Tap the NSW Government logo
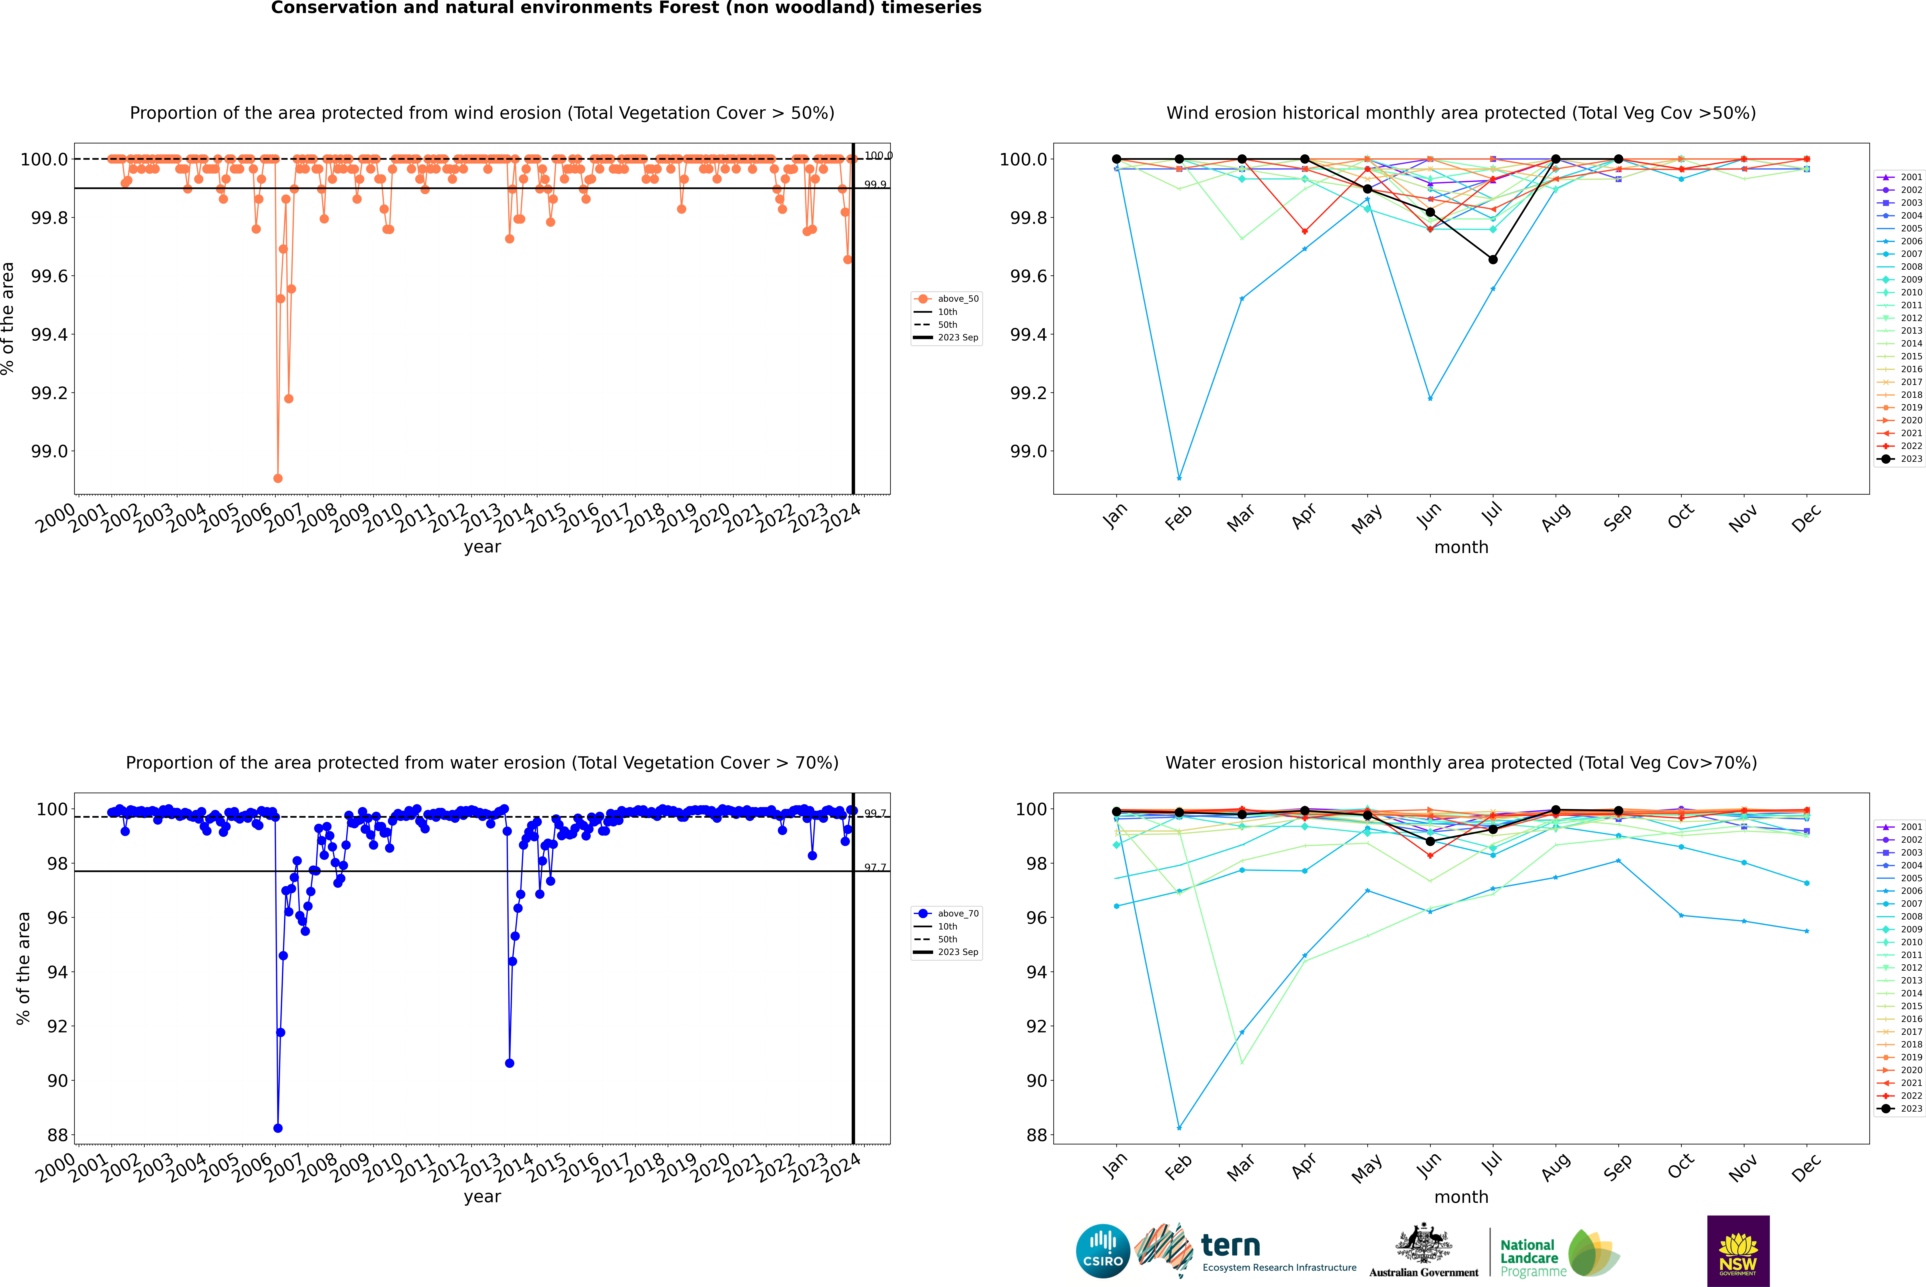tap(1738, 1251)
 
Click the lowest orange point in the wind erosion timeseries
tap(278, 478)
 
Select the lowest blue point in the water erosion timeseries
tap(278, 1128)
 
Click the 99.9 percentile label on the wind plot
tap(875, 185)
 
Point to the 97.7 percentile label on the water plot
tap(875, 868)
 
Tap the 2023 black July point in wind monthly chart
tap(1492, 259)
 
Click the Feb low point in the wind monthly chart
tap(1179, 478)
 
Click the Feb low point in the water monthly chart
tap(1179, 1128)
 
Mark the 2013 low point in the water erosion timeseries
tap(509, 1063)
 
